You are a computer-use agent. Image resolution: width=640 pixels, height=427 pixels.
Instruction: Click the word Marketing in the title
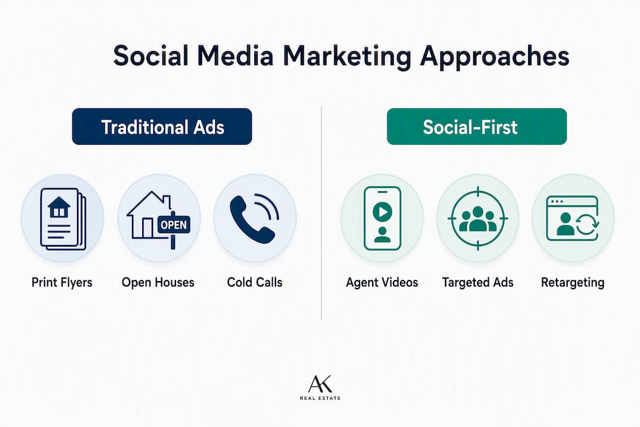pyautogui.click(x=347, y=57)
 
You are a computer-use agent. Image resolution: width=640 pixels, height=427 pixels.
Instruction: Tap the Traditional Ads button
pyautogui.click(x=162, y=127)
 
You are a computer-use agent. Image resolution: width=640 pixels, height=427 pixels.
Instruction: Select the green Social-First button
pyautogui.click(x=476, y=127)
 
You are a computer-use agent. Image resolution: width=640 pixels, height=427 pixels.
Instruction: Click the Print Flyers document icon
pyautogui.click(x=63, y=219)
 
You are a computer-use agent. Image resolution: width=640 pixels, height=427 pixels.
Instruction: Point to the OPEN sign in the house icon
pyautogui.click(x=174, y=225)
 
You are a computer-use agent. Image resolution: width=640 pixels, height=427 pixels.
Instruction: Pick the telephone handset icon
pyautogui.click(x=254, y=219)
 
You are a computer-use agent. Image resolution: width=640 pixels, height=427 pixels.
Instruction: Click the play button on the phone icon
pyautogui.click(x=382, y=212)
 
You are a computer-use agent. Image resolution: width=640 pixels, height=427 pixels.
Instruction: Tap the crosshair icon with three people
pyautogui.click(x=478, y=218)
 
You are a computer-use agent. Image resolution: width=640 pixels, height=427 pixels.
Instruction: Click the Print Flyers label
pyautogui.click(x=62, y=283)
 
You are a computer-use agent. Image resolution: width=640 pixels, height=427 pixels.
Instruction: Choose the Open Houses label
pyautogui.click(x=158, y=282)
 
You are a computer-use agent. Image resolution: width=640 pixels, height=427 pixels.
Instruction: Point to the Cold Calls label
pyautogui.click(x=255, y=282)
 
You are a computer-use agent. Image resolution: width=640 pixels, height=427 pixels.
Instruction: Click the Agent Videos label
pyautogui.click(x=382, y=283)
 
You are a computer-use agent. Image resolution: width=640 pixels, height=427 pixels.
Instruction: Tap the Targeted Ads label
pyautogui.click(x=478, y=283)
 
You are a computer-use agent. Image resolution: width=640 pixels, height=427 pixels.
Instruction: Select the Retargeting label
pyautogui.click(x=572, y=283)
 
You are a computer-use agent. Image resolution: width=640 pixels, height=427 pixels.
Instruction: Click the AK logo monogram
pyautogui.click(x=321, y=384)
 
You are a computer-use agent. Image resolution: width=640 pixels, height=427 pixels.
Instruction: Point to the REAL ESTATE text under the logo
pyautogui.click(x=321, y=398)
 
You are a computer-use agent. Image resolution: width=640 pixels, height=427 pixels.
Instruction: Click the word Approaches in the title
pyautogui.click(x=494, y=57)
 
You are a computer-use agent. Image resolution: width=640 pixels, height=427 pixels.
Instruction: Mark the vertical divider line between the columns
pyautogui.click(x=321, y=213)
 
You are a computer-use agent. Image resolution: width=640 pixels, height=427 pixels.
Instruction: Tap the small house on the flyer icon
pyautogui.click(x=59, y=207)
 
